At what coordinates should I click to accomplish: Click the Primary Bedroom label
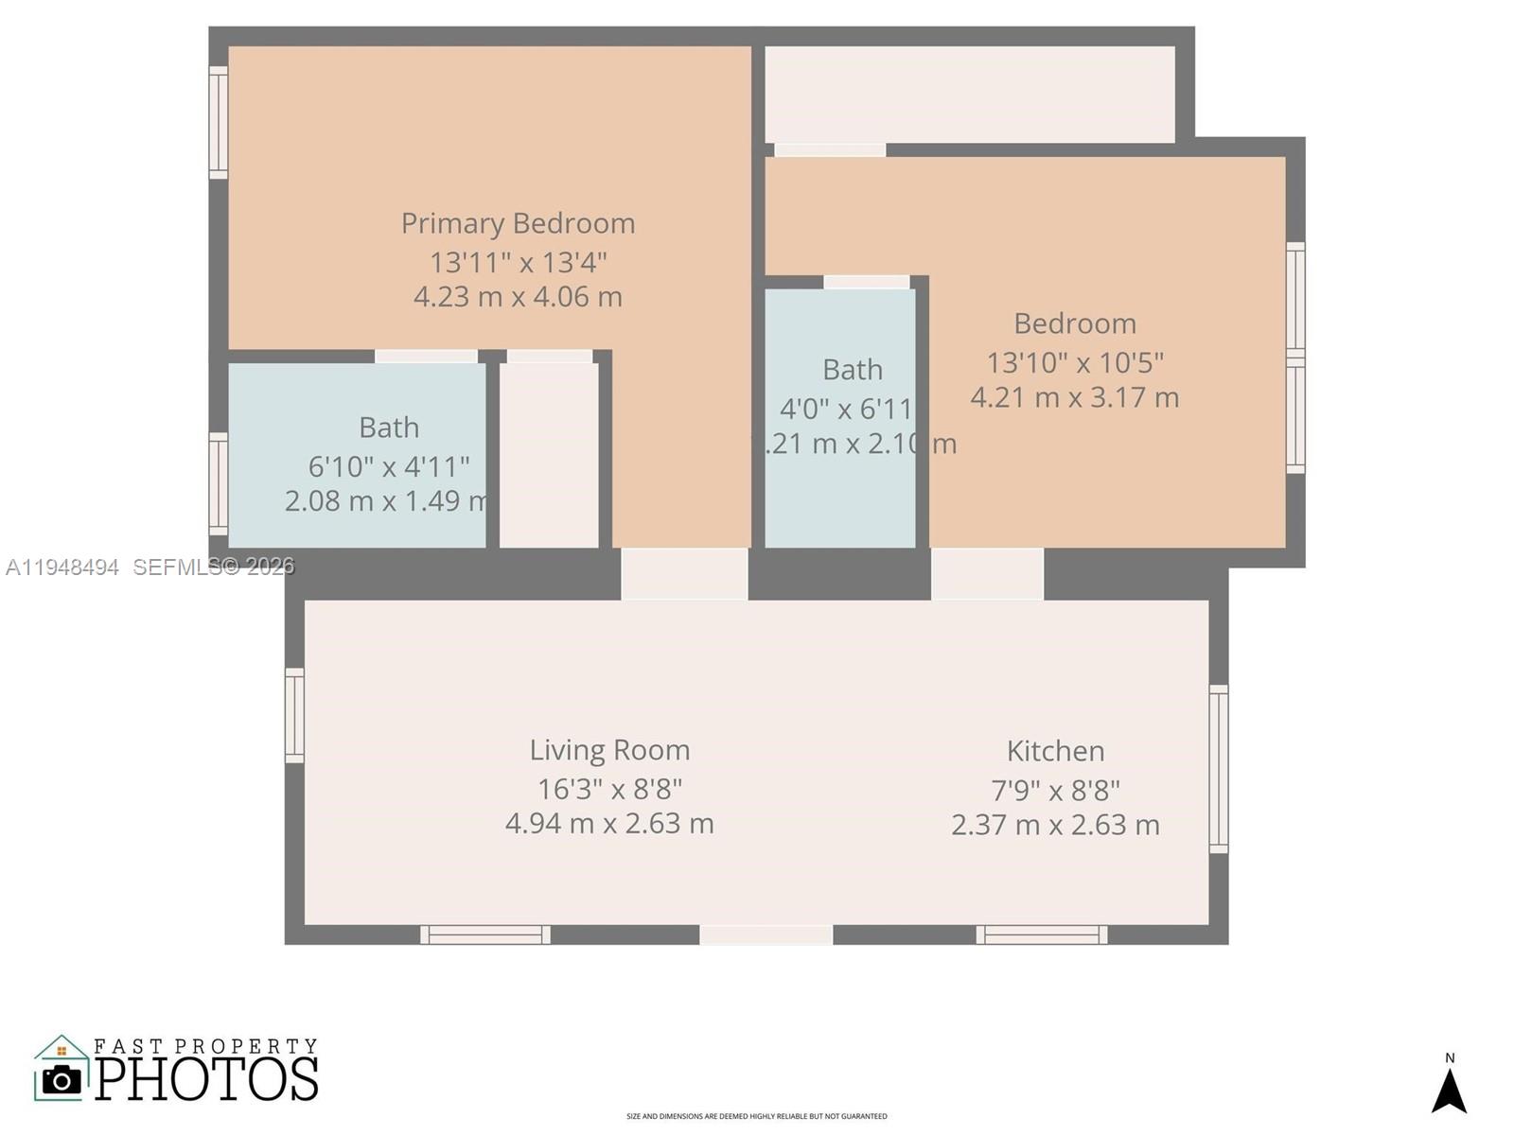[x=518, y=223]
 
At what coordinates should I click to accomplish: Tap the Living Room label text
[x=609, y=750]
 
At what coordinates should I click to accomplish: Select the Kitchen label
[x=1055, y=751]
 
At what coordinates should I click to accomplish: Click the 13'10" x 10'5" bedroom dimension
[x=1075, y=362]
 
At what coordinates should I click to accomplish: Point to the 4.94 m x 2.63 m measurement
[x=609, y=824]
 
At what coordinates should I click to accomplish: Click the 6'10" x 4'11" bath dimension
[x=389, y=466]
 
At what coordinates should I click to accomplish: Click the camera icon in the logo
[x=62, y=1079]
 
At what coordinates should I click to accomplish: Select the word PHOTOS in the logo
[x=207, y=1079]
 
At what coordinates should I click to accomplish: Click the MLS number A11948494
[x=62, y=567]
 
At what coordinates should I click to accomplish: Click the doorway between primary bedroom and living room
[x=684, y=573]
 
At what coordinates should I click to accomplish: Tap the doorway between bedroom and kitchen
[x=987, y=573]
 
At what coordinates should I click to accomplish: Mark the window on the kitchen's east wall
[x=1219, y=768]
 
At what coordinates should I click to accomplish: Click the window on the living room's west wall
[x=295, y=715]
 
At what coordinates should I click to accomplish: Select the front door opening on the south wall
[x=766, y=934]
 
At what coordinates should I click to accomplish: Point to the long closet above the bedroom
[x=969, y=95]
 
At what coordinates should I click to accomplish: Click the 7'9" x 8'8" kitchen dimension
[x=1055, y=790]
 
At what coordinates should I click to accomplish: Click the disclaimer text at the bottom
[x=757, y=1116]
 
